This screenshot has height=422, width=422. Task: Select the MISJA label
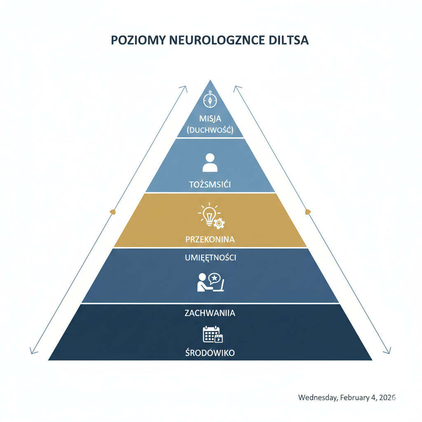210,119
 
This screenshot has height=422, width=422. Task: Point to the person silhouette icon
210,162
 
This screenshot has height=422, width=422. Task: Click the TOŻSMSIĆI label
210,184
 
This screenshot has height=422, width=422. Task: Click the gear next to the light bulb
219,223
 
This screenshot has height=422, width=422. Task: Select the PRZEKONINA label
210,239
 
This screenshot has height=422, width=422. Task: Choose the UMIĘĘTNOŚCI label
210,258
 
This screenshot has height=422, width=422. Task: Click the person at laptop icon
210,282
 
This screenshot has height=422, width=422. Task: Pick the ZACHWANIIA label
210,313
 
